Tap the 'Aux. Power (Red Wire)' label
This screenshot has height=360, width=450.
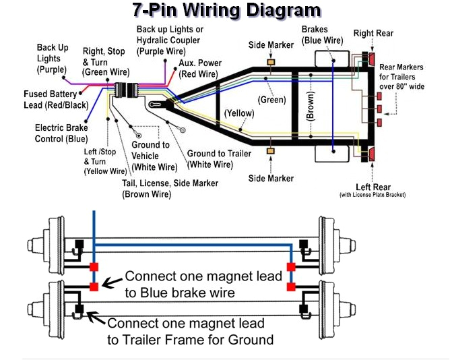(199, 68)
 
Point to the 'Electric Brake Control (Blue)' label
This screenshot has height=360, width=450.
(61, 133)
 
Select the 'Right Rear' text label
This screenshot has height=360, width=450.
(373, 34)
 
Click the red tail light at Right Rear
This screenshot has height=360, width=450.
(371, 59)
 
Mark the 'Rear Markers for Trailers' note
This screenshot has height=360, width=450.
(401, 77)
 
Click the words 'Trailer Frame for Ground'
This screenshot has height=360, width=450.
(189, 339)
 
